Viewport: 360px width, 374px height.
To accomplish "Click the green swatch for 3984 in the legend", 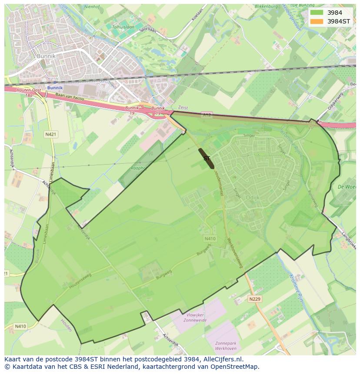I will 317,13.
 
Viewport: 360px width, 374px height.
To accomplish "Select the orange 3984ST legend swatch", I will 317,21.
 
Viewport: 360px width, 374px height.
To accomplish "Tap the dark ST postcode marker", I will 207,158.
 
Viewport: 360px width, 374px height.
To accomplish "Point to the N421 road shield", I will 50,135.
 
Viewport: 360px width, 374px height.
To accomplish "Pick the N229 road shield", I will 254,299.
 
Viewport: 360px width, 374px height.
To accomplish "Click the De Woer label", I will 347,186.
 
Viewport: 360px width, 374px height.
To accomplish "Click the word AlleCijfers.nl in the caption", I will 222,359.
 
